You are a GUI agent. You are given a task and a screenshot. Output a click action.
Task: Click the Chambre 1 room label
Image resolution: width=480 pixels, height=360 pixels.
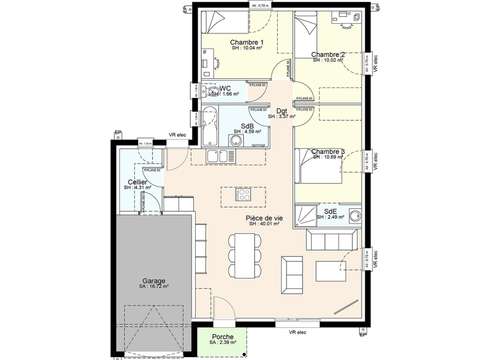pyautogui.click(x=246, y=42)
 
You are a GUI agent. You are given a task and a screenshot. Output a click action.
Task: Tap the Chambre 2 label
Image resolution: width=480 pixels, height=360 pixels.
pyautogui.click(x=328, y=54)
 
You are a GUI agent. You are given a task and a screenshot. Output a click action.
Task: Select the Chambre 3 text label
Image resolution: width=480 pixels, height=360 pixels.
pyautogui.click(x=328, y=151)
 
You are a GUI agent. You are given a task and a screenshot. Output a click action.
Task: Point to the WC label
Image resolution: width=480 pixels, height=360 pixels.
pyautogui.click(x=226, y=88)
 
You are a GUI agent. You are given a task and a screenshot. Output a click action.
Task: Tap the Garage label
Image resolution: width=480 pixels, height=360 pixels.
pyautogui.click(x=153, y=281)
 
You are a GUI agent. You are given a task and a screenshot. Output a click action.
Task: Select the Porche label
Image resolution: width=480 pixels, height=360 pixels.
pyautogui.click(x=223, y=337)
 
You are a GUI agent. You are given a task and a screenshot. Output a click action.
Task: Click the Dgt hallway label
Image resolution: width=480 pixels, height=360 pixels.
pyautogui.click(x=282, y=111)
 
